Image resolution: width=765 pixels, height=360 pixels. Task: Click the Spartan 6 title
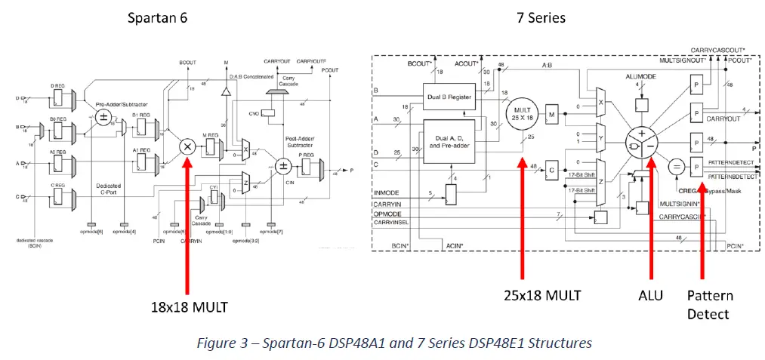(x=158, y=17)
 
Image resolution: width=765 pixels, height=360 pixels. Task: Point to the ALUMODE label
(x=640, y=78)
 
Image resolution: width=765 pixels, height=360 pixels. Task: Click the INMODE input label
(x=387, y=194)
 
